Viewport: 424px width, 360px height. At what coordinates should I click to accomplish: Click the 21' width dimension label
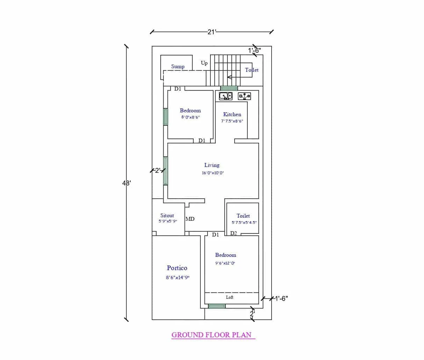[x=212, y=32]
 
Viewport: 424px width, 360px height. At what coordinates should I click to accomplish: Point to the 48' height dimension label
[x=126, y=183]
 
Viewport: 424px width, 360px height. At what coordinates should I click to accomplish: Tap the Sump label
[x=178, y=66]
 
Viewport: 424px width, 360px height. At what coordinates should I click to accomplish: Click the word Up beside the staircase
[x=204, y=63]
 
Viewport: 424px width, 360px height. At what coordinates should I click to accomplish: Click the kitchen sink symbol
[x=225, y=96]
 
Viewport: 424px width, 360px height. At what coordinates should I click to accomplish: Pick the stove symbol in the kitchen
[x=244, y=96]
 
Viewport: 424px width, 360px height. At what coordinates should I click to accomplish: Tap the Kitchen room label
[x=232, y=114]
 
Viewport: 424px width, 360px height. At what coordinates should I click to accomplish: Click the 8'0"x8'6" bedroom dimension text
[x=190, y=118]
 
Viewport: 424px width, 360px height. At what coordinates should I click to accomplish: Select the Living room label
[x=212, y=165]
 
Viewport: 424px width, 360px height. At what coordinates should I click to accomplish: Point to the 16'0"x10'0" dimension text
[x=213, y=173]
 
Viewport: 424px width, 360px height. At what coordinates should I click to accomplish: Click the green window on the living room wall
[x=165, y=171]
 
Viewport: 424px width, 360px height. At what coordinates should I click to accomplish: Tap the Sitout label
[x=167, y=216]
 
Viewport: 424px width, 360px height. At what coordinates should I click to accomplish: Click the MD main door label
[x=190, y=219]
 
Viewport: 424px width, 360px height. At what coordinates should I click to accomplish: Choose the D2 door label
[x=233, y=233]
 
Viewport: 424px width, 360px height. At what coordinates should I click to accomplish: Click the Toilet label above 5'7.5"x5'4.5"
[x=243, y=216]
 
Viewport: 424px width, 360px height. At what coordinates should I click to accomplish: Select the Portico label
[x=177, y=268]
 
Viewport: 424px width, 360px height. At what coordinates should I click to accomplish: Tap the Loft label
[x=230, y=297]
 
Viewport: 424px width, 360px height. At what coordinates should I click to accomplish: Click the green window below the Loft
[x=217, y=306]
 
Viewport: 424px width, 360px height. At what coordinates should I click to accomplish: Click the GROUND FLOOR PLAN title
[x=211, y=335]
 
